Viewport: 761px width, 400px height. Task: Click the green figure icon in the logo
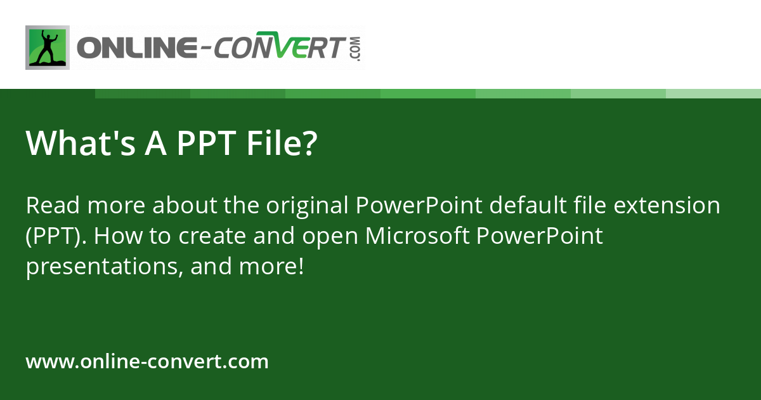48,48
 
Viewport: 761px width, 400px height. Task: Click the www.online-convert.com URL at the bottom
147,362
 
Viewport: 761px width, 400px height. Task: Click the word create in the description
210,236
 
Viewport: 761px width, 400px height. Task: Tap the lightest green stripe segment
713,93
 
